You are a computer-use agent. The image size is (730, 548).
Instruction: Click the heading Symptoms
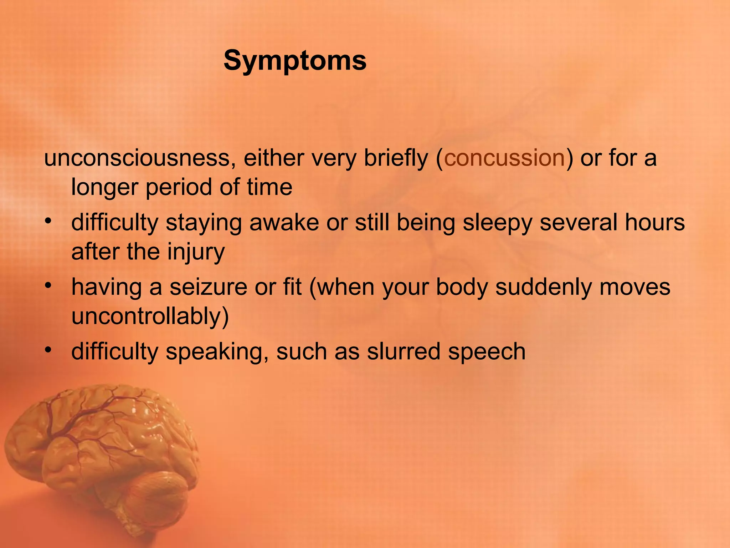[295, 61]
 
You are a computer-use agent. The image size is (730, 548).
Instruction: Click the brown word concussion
[504, 158]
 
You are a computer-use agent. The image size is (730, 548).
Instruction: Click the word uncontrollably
[150, 316]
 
